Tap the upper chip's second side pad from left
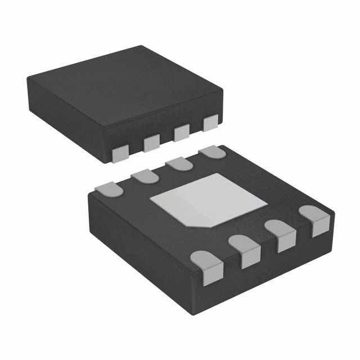tap(152, 143)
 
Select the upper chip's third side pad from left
tap(181, 133)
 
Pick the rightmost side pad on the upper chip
tap(210, 123)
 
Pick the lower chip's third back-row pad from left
tap(178, 164)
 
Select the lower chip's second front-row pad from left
tap(247, 251)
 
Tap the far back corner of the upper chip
tap(139, 48)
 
